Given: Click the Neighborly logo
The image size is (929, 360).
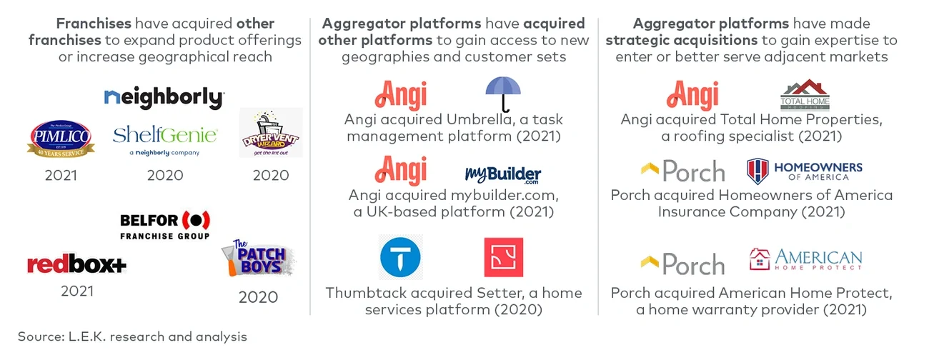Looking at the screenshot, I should point(164,98).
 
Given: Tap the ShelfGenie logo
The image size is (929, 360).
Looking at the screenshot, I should point(165,136).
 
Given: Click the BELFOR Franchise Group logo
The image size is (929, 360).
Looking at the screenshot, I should point(165,225).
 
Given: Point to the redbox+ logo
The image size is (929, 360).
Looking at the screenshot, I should point(76,265).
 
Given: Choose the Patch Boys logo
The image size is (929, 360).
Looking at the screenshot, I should point(259,259).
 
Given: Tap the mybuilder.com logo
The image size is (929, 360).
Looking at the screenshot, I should point(502,174).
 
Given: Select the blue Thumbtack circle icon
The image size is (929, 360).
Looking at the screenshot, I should point(400,257).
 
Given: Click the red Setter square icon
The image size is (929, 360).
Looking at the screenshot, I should point(504,257).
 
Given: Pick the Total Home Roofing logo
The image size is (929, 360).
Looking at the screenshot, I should point(805,96).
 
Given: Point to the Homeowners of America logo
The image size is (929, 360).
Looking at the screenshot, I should point(805,171).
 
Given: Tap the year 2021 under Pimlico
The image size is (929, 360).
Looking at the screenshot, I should point(61,175).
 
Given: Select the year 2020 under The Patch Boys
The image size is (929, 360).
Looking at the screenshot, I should point(258,297).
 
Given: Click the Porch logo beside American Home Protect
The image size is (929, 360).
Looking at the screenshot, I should point(682,264).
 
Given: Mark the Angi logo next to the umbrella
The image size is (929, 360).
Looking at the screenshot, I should point(401,95).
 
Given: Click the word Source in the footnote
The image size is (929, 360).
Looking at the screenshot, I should point(41,336).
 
